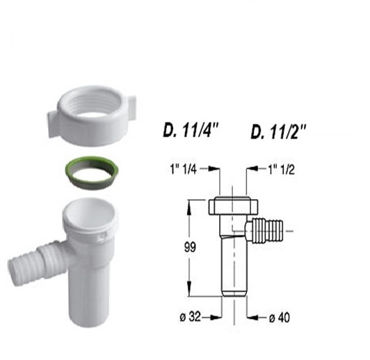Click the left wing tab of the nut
(x=53, y=124)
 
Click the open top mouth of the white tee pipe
(x=90, y=214)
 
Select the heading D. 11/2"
(x=278, y=132)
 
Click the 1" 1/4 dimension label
(x=184, y=169)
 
